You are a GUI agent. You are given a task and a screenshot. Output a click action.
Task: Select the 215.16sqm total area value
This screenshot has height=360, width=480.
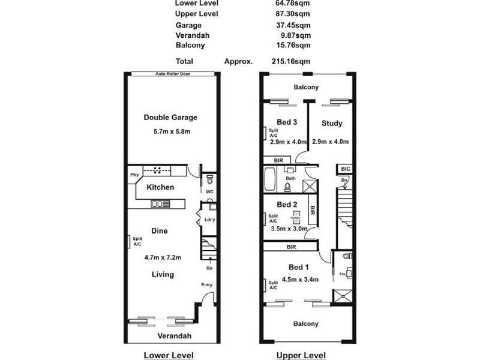click(291, 61)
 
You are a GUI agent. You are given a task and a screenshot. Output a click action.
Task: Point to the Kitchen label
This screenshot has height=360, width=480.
click(160, 187)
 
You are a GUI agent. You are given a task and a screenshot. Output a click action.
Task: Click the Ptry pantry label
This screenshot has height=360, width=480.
click(134, 175)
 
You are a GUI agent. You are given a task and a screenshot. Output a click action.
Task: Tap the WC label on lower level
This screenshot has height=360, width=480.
click(209, 192)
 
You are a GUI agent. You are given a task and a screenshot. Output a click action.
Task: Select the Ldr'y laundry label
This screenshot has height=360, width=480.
click(209, 220)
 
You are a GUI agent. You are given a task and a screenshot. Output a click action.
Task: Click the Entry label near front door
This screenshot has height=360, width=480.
click(206, 285)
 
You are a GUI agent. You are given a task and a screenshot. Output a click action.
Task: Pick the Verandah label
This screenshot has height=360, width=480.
click(175, 335)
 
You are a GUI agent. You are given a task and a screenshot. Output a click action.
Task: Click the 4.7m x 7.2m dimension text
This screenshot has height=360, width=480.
click(163, 257)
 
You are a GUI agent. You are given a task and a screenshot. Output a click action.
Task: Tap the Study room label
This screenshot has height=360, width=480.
click(332, 124)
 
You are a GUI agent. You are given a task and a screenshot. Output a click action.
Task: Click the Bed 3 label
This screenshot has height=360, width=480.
click(287, 122)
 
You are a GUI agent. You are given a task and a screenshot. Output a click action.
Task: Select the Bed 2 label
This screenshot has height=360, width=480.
click(287, 205)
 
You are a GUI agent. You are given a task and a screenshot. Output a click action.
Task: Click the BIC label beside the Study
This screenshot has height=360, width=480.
click(345, 170)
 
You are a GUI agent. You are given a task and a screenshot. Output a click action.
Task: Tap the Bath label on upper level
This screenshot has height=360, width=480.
click(290, 178)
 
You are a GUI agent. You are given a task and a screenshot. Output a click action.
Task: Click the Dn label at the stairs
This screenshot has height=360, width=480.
click(344, 180)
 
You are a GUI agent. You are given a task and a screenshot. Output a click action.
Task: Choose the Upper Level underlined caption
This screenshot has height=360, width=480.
click(301, 355)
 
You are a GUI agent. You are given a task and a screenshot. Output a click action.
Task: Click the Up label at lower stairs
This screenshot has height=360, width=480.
click(209, 268)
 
